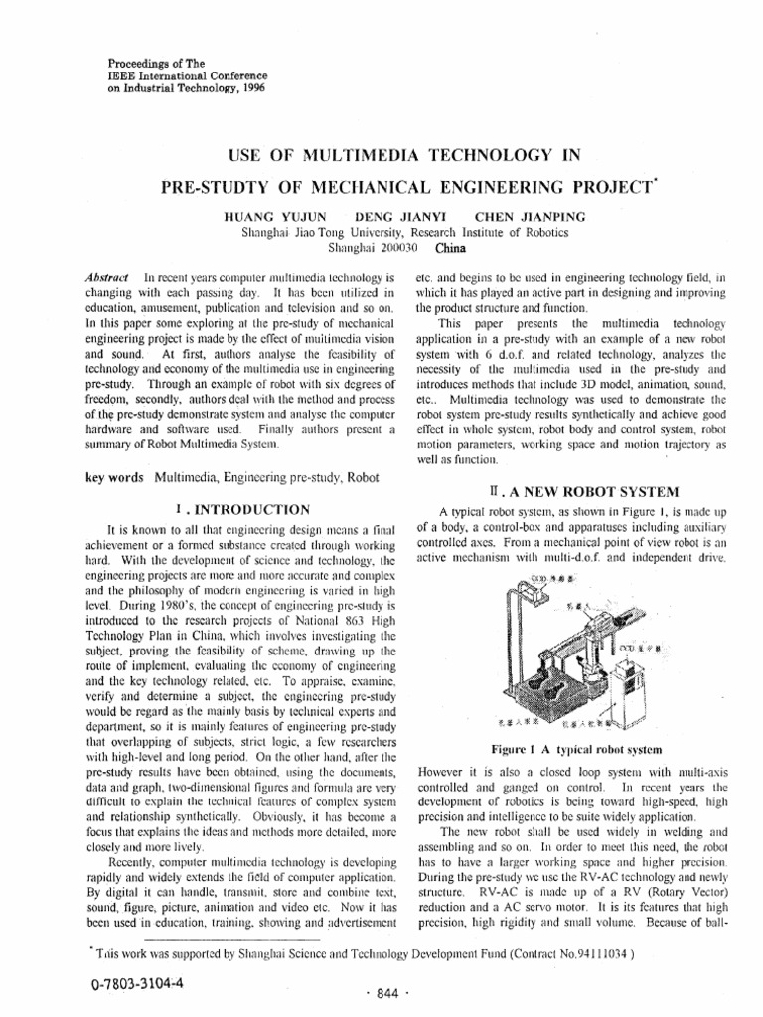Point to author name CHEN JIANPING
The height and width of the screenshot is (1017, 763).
click(531, 216)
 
